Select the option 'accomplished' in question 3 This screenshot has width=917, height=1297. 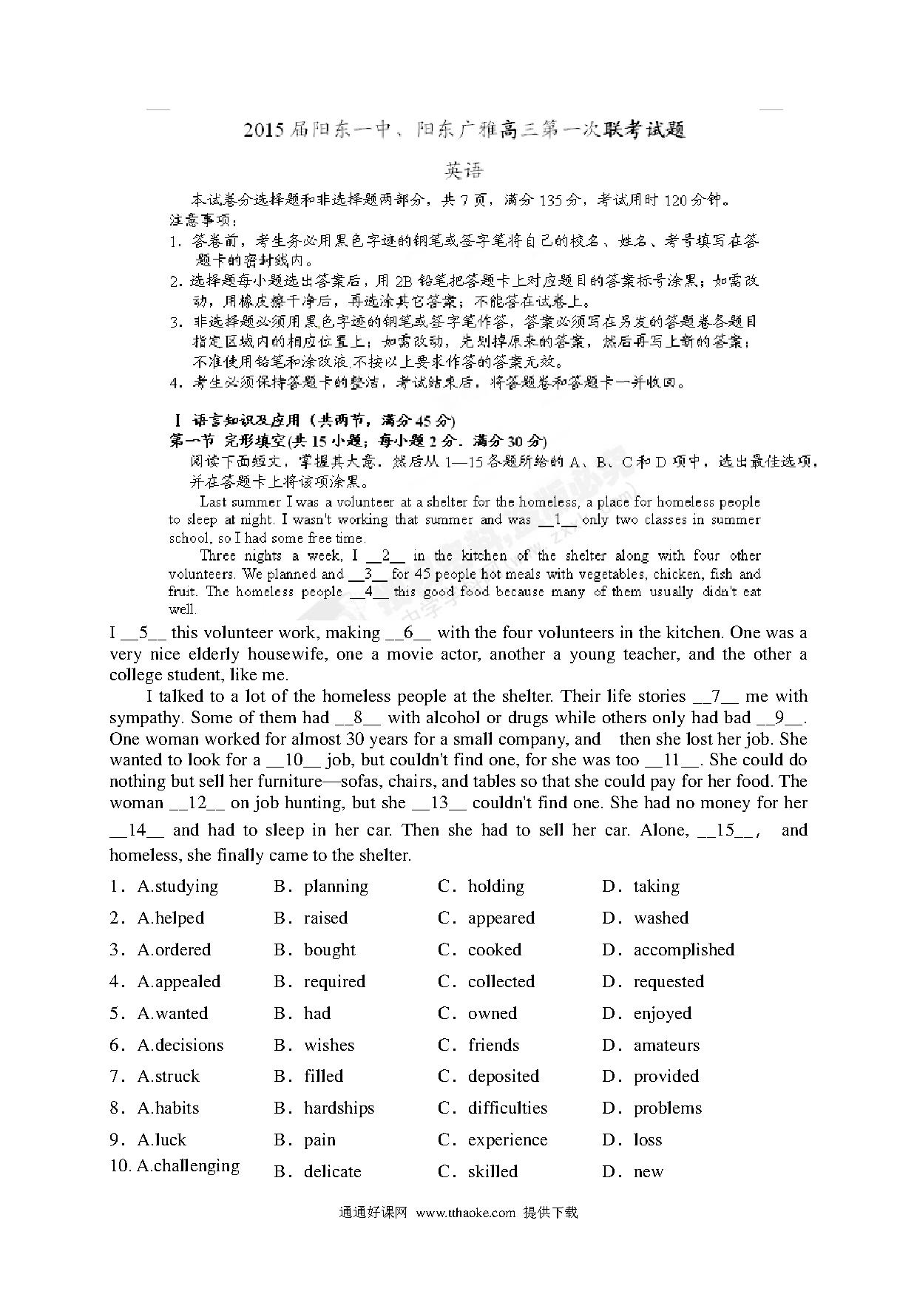click(683, 950)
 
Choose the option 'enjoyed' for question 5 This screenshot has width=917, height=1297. click(662, 1014)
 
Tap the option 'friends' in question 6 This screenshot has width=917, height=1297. click(493, 1046)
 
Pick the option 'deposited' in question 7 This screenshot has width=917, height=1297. click(503, 1077)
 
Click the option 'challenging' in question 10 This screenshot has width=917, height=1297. click(196, 1166)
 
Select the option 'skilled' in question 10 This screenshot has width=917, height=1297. click(493, 1172)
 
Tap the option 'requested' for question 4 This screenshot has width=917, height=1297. click(669, 982)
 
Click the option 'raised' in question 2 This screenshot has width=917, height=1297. click(325, 918)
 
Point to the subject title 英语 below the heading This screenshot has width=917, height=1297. click(464, 171)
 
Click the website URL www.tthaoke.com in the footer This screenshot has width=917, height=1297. click(465, 1213)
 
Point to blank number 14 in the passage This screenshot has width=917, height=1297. click(137, 830)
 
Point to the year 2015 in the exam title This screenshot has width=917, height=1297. click(264, 131)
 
